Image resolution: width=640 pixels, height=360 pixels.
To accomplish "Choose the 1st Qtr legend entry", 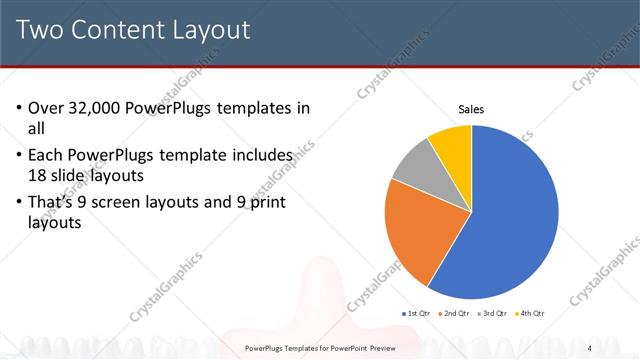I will pos(417,314).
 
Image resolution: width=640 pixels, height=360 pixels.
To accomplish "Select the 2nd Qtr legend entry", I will pos(456,314).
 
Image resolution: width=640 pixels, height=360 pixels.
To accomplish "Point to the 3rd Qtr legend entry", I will pos(494,314).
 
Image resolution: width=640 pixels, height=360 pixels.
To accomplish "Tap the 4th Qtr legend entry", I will pos(531,314).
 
